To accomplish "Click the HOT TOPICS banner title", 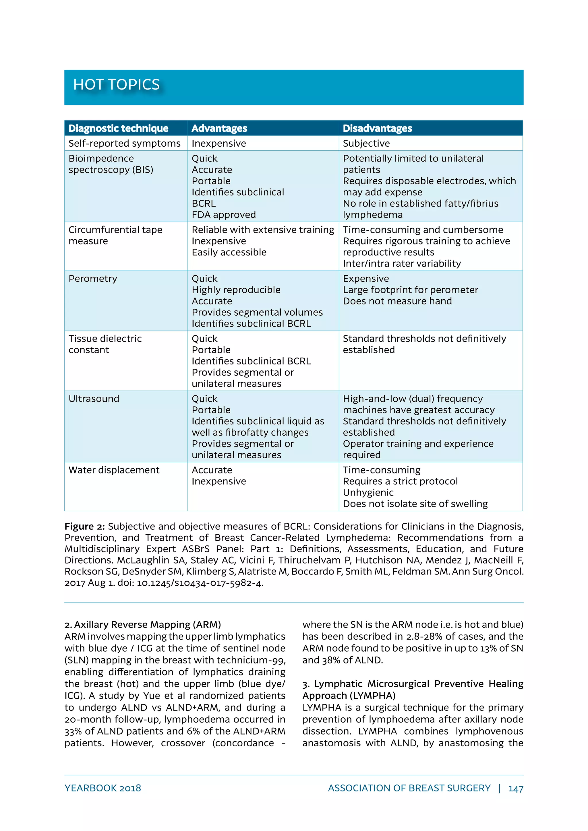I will [x=116, y=85].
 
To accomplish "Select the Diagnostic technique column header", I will [x=118, y=128].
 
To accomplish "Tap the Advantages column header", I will [x=219, y=128].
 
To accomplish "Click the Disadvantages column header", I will [x=377, y=128].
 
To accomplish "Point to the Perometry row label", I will [x=93, y=278].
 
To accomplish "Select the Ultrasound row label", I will [x=94, y=399].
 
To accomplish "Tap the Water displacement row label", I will [x=114, y=470].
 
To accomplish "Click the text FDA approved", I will [x=223, y=215].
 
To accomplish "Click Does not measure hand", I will [x=397, y=301].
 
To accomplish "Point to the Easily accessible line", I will [x=229, y=252].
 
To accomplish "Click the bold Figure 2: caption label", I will [x=84, y=526].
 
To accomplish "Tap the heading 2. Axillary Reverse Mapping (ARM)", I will [x=143, y=624].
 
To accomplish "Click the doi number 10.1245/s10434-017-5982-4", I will [x=200, y=583].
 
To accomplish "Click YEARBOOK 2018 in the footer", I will [x=102, y=788].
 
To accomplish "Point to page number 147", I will [x=516, y=788].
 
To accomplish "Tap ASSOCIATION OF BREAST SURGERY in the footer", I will [x=409, y=788].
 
